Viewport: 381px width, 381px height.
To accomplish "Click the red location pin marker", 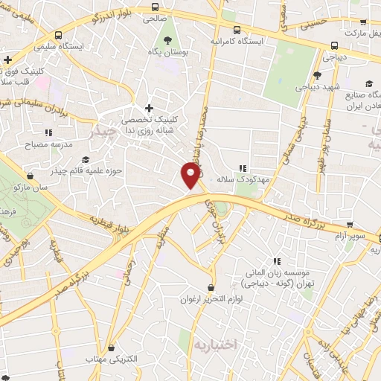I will click(191, 175).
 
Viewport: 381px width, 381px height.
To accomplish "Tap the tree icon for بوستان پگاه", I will click(166, 42).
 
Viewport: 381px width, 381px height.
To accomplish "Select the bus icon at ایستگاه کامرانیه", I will click(237, 31).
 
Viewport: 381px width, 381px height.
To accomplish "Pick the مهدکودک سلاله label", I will click(243, 179).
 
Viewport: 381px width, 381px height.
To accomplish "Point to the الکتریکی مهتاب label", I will click(112, 359).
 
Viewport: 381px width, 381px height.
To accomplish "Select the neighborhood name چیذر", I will click(102, 132).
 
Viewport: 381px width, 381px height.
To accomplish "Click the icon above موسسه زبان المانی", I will click(278, 261).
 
